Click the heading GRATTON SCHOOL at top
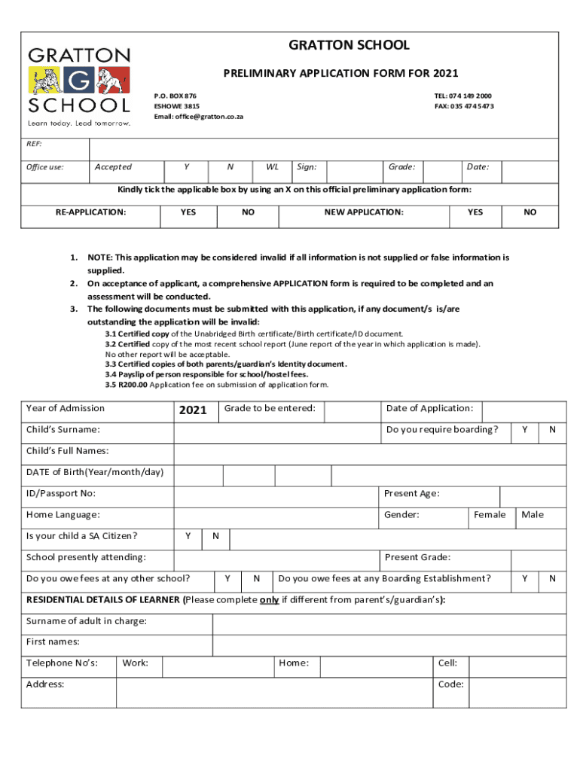[x=349, y=46]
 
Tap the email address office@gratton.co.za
[x=199, y=117]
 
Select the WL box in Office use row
[x=270, y=167]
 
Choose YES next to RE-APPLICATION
[x=188, y=213]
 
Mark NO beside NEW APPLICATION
[x=530, y=213]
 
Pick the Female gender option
[x=490, y=515]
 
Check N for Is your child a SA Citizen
[x=215, y=537]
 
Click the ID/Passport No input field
[x=276, y=496]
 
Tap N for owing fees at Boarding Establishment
[x=552, y=579]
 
